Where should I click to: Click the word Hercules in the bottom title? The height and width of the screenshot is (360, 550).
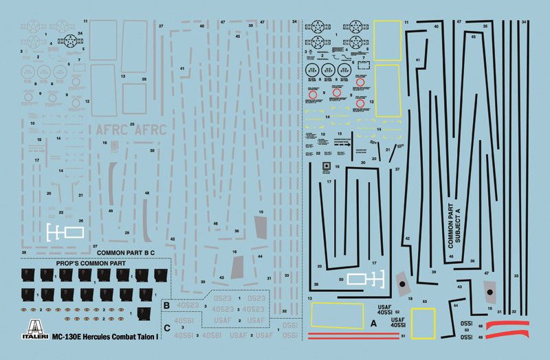point(118,337)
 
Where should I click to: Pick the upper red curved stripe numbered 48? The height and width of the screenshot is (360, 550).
point(507,323)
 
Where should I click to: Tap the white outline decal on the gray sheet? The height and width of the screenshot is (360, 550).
point(63,232)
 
